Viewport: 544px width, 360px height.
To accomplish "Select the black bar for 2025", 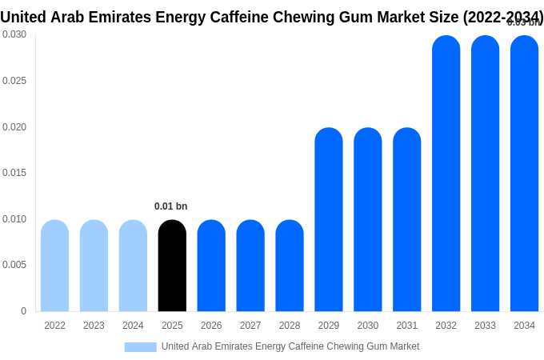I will point(172,266).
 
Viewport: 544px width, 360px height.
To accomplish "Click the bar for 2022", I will point(54,266).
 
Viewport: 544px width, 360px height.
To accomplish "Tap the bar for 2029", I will point(329,220).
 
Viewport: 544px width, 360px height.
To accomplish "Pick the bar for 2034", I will point(524,174).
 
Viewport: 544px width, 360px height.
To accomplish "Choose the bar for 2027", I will point(250,266).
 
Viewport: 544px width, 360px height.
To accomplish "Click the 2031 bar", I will point(406,220).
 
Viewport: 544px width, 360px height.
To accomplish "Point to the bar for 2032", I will point(446,174).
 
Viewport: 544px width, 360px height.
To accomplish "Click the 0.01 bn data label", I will point(170,206).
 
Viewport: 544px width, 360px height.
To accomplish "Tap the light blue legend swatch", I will point(140,347).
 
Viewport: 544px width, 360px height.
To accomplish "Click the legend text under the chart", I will point(290,346).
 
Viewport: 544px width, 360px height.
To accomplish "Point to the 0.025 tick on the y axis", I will point(14,81).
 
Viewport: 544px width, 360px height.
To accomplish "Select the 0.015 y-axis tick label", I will point(14,173).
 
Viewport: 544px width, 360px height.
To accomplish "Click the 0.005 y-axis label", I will point(14,265).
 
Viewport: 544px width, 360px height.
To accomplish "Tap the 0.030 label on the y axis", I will point(14,34).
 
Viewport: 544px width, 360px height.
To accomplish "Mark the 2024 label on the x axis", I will point(133,326).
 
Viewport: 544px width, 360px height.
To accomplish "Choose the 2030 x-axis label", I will point(368,326).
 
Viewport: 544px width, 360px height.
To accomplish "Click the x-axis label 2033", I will point(485,326).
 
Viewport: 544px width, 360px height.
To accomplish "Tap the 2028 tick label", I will point(290,326).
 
